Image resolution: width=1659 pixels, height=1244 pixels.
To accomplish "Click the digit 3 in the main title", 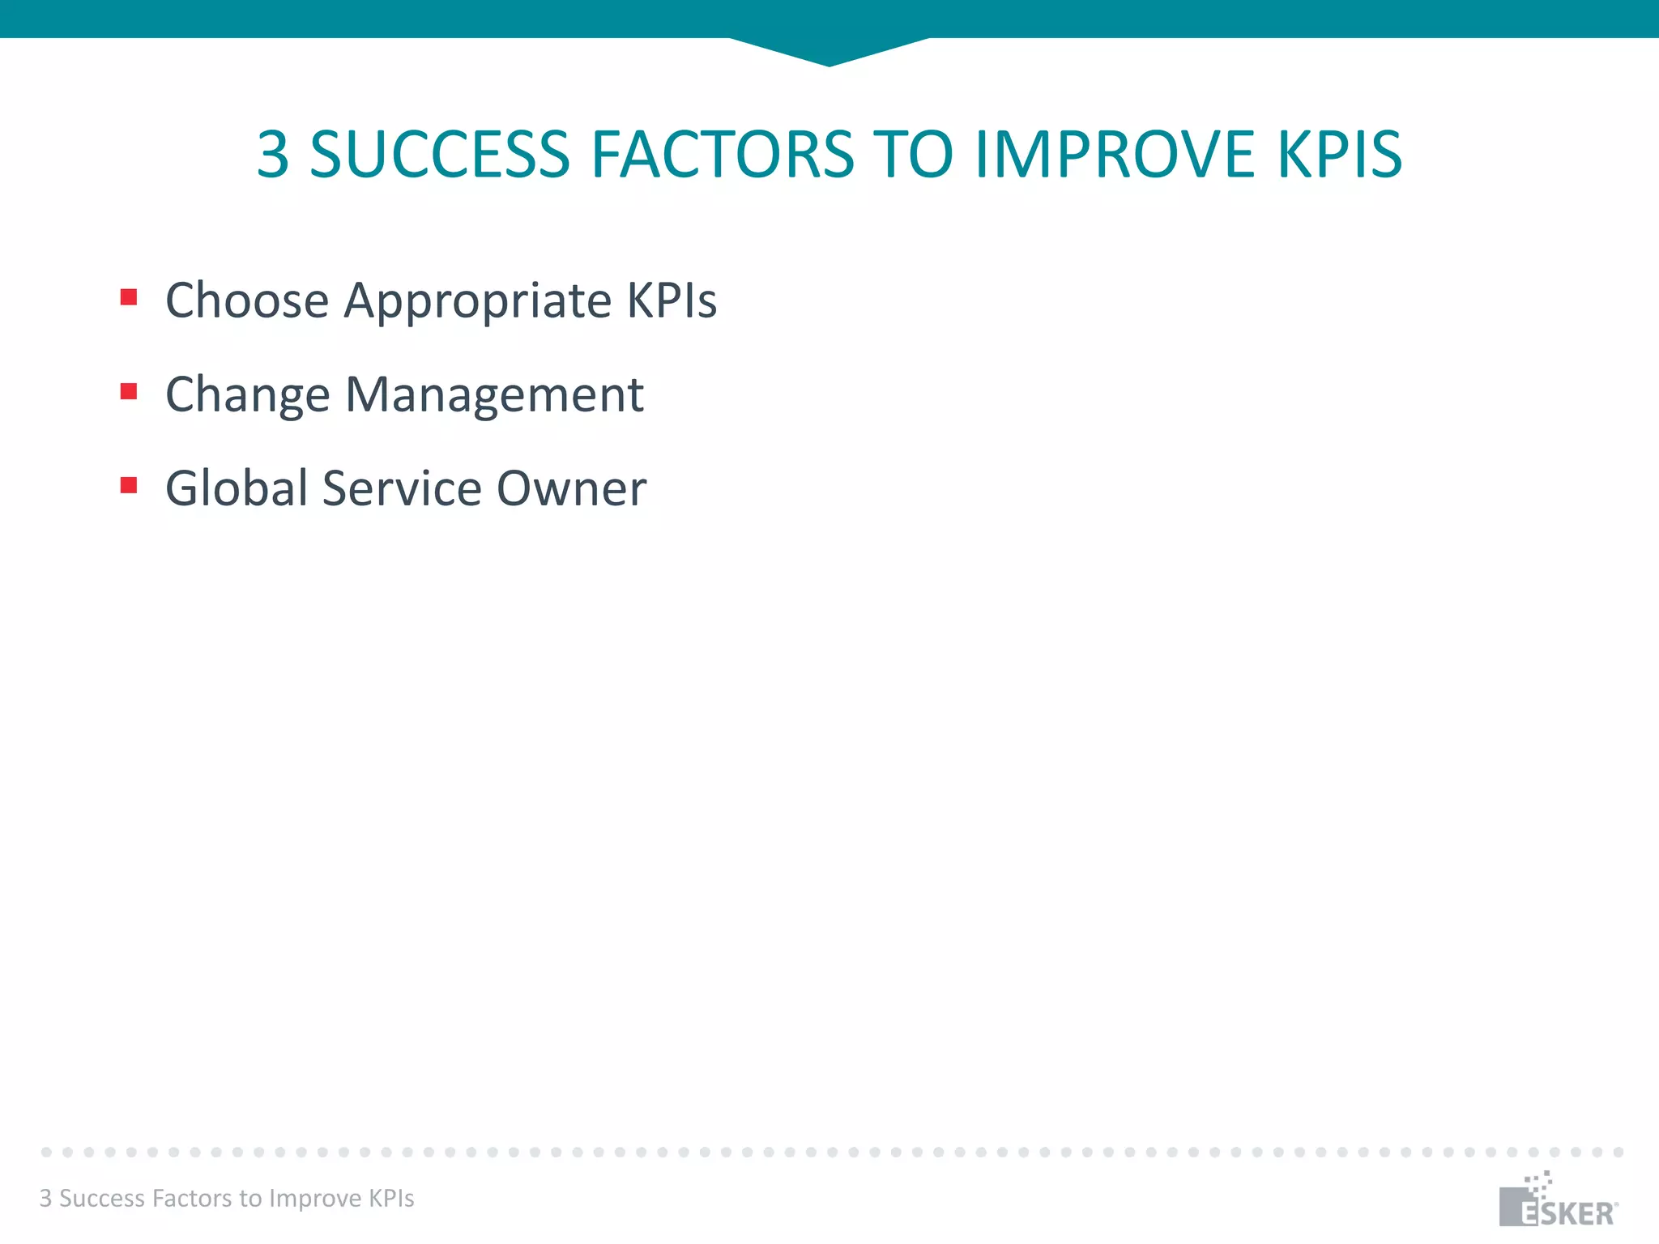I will [x=273, y=154].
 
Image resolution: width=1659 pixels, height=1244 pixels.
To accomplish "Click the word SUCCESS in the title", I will [x=440, y=154].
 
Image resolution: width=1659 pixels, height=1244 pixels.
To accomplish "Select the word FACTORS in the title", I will [x=722, y=154].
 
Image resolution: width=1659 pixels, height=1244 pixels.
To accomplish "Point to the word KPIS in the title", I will [x=1339, y=154].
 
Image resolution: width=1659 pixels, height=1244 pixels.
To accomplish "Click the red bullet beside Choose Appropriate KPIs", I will [x=129, y=297].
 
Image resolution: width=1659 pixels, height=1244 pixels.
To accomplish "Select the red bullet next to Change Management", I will [x=129, y=392].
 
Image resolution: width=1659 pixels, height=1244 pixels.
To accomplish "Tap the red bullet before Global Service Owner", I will [x=129, y=485].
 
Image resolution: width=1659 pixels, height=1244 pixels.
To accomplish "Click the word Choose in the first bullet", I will [x=247, y=300].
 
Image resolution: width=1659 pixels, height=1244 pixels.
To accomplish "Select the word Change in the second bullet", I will [x=247, y=396].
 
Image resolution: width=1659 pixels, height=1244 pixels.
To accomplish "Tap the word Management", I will [x=494, y=396].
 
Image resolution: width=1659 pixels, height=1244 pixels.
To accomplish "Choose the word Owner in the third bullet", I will [x=571, y=488].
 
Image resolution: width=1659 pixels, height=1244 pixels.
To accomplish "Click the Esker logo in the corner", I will [x=1557, y=1202].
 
